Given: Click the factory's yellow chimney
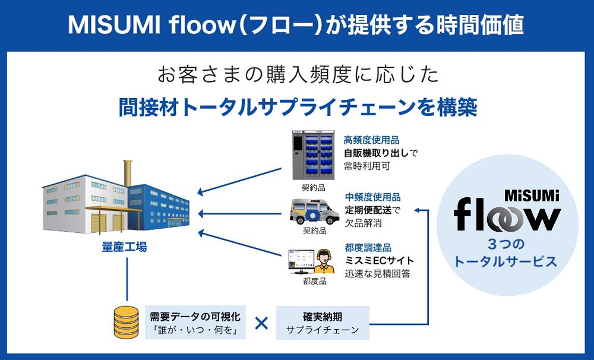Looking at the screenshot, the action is pos(128,173).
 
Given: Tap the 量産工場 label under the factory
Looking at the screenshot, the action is pos(124,247).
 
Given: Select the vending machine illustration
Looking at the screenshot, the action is pos(313,155).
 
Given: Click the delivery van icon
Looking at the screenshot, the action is pos(314,211).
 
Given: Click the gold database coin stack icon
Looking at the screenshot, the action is pos(126,323).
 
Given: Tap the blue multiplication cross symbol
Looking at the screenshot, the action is pos(261,323).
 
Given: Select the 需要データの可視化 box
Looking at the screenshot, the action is pos(195,323).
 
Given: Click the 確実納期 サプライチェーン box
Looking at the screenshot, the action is pos(323,323).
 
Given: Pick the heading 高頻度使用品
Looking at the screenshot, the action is pos(371,140).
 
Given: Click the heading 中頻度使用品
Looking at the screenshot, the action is pos(373,197).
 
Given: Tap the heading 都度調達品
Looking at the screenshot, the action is pos(368,248).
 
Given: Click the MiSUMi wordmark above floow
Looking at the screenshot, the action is pos(532,195).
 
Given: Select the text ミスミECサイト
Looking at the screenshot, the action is pos(379,261).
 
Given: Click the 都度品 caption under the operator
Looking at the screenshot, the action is pos(314,281).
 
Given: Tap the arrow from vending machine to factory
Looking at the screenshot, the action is pos(239,181).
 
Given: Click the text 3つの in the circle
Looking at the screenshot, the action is pos(505,244).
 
